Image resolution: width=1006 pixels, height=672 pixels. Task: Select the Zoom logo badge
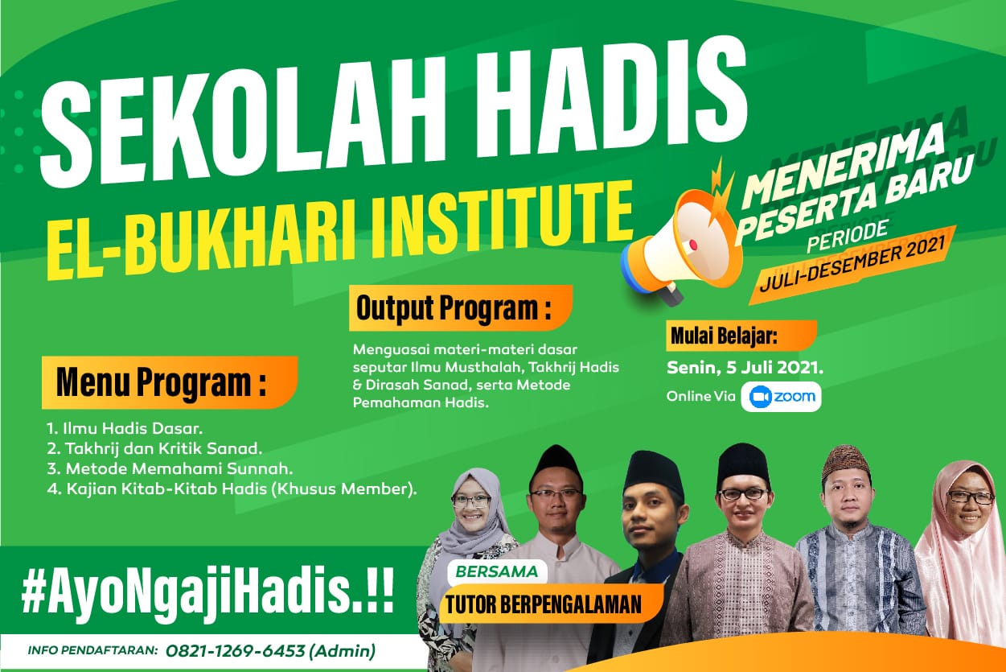coord(781,397)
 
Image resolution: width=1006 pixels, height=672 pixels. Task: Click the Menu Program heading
coord(170,382)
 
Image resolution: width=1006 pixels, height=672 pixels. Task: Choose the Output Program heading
coord(461,308)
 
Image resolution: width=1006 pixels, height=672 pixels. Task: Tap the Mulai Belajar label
coord(741,336)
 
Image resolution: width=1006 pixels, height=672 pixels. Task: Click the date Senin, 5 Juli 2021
coord(745,368)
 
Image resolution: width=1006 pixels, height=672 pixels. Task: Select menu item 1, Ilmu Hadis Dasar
coord(125,428)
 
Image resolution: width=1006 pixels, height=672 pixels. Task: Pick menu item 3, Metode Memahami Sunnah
coord(170,468)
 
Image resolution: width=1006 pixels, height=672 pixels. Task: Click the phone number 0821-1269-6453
coord(236,651)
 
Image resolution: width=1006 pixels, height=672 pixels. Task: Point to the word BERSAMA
coord(497,571)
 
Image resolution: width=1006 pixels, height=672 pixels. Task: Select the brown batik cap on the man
coord(846,463)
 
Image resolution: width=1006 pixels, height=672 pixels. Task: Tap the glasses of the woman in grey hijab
coord(470,501)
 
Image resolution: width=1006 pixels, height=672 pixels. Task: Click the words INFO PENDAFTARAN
coord(93,650)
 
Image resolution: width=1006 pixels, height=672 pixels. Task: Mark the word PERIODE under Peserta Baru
coord(848,237)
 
